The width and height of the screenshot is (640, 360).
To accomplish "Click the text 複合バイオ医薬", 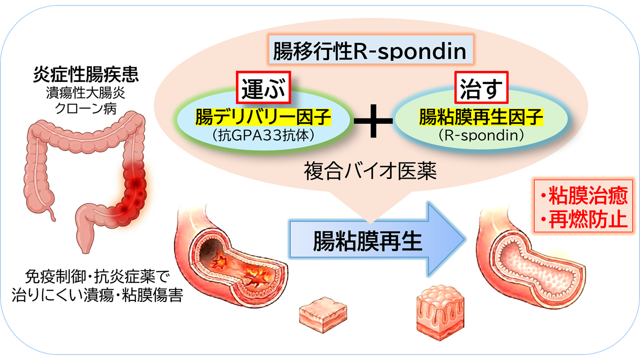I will tap(370, 172).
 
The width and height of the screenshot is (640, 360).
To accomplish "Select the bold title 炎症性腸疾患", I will tap(85, 76).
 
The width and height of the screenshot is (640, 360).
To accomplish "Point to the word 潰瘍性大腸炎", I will tap(85, 93).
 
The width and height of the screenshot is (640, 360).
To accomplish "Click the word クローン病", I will tap(85, 107).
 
